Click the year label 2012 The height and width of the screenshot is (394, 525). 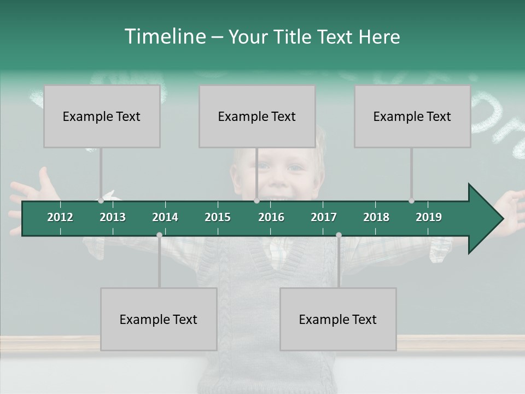60,217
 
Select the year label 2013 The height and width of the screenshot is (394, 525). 113,217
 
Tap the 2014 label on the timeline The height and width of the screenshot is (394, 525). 165,217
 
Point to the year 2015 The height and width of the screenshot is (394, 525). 218,217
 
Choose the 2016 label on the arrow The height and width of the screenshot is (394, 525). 271,217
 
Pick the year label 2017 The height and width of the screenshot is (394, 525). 324,217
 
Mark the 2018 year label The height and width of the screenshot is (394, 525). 376,217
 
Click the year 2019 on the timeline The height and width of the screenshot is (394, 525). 429,217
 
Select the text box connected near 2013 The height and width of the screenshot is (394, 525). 102,116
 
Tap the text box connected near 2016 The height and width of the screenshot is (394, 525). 257,116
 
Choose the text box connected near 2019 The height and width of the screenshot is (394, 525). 412,116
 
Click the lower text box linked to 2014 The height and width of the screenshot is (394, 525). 159,319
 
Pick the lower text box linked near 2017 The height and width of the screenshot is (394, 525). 338,319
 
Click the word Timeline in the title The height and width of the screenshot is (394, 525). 165,37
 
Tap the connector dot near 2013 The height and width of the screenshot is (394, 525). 101,200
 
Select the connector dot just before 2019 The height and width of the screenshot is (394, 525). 411,200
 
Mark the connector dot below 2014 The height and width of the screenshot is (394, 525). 159,235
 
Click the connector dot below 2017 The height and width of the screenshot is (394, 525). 339,235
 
